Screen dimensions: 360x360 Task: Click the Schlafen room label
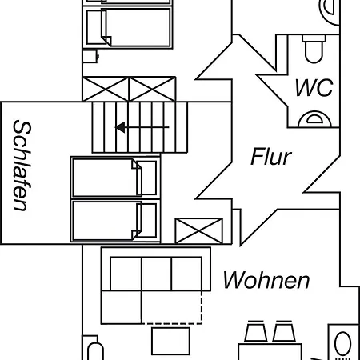click(22, 166)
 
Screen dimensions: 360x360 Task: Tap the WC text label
click(314, 87)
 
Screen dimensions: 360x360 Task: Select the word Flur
click(271, 157)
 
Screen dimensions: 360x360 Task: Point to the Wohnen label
click(266, 280)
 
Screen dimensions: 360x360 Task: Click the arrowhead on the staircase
click(120, 127)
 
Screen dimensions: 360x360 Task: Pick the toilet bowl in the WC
click(314, 50)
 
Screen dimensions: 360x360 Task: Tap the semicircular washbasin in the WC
click(314, 119)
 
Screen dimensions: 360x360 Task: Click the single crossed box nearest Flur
click(198, 230)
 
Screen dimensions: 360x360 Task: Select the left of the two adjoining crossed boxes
click(106, 89)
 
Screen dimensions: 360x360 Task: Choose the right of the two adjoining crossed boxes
click(152, 89)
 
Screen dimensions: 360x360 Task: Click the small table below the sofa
click(171, 341)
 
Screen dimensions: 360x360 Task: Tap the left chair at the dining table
click(256, 331)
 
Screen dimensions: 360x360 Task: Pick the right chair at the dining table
click(284, 331)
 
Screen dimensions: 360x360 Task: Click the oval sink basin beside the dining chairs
click(342, 343)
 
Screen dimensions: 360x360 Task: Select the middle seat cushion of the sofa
click(157, 274)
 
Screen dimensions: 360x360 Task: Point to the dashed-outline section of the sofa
click(172, 307)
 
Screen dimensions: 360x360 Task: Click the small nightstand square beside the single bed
click(90, 56)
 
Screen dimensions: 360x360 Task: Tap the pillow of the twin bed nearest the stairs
click(146, 178)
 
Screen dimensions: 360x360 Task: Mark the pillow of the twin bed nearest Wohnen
click(146, 220)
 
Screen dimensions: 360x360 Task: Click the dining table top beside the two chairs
click(270, 352)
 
